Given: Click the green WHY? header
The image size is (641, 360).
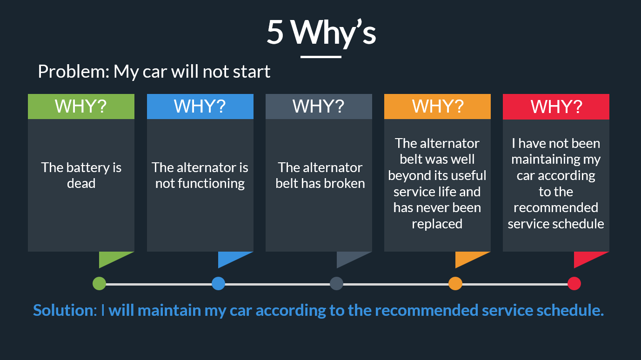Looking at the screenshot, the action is tap(81, 107).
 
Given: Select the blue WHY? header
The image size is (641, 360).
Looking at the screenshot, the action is tap(200, 107).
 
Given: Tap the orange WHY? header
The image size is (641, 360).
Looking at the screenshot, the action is tap(437, 107).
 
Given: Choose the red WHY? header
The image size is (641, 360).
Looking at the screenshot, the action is tap(556, 107).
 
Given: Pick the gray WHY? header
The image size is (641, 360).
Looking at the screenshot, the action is tap(319, 107).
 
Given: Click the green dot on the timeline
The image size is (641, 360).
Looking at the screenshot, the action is tap(99, 284).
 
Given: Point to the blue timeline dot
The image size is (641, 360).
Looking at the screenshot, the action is tap(218, 284).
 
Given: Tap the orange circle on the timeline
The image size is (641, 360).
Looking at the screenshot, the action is tap(455, 284).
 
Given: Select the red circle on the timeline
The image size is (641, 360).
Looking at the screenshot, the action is tap(574, 284).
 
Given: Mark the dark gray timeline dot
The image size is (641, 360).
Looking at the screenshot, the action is tap(336, 284).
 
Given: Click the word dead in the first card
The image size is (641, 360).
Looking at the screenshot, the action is tap(81, 183).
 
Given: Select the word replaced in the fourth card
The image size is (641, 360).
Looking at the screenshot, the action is tap(437, 224).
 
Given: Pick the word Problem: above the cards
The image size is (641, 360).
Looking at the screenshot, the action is tap(74, 72).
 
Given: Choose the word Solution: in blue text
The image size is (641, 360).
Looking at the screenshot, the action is tap(65, 310).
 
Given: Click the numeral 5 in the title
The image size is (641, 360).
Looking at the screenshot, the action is tap(275, 33).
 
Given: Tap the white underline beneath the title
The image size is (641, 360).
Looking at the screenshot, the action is tap(321, 57).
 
